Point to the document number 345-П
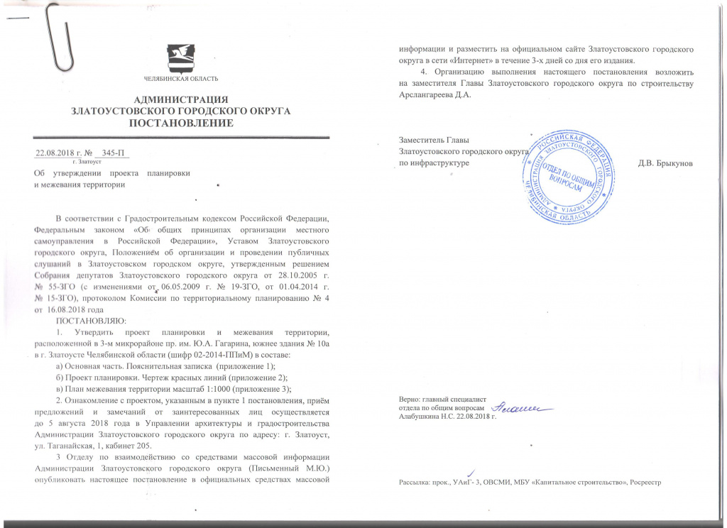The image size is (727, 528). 114,153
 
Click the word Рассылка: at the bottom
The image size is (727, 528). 416,482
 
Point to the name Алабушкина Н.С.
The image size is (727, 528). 427,417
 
